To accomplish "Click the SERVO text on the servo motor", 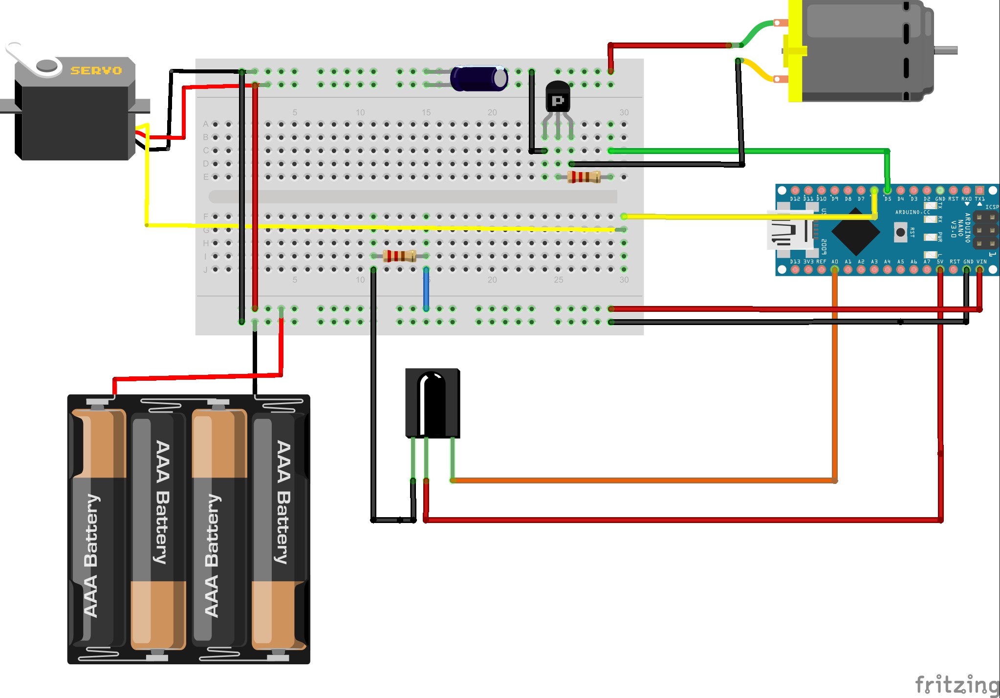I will pyautogui.click(x=96, y=70).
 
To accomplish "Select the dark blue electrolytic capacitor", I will pyautogui.click(x=478, y=78).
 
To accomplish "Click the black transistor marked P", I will pyautogui.click(x=558, y=98).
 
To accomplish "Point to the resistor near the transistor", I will pyautogui.click(x=584, y=177).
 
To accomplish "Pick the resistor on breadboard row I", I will pyautogui.click(x=399, y=256).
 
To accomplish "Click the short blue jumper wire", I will pyautogui.click(x=426, y=289).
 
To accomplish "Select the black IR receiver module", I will pyautogui.click(x=433, y=403).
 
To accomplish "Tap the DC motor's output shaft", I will pyautogui.click(x=946, y=50).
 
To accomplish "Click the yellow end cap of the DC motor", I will pyautogui.click(x=795, y=51).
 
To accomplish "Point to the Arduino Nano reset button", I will pyautogui.click(x=900, y=232).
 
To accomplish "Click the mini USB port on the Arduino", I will pyautogui.click(x=789, y=232).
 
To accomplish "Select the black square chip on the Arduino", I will pyautogui.click(x=855, y=232).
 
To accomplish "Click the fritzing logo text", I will pyautogui.click(x=956, y=684).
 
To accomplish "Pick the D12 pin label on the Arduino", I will pyautogui.click(x=795, y=199).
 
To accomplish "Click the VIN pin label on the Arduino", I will pyautogui.click(x=981, y=262).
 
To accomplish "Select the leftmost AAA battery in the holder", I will pyautogui.click(x=98, y=530).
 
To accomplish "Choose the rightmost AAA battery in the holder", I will pyautogui.click(x=279, y=530).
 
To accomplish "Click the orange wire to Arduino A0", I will pyautogui.click(x=835, y=381).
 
